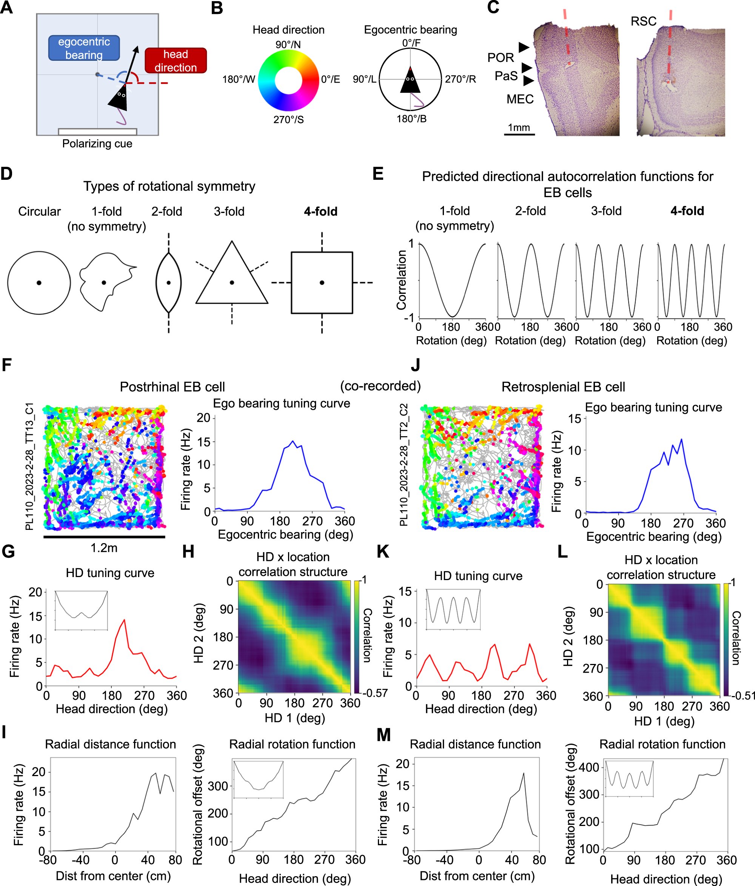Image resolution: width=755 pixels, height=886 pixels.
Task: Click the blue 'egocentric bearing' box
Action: (84, 48)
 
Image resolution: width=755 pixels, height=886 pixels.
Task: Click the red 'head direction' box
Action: (176, 61)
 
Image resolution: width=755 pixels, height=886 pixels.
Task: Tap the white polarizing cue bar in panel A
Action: (97, 132)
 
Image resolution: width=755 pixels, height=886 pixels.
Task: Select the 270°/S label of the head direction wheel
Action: (288, 120)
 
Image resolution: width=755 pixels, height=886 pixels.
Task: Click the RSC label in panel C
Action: (643, 22)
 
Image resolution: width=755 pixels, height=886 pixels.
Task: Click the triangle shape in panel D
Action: (232, 278)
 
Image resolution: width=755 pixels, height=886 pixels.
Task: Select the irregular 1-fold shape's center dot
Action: (104, 282)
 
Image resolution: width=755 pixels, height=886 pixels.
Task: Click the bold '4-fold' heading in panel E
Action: (687, 211)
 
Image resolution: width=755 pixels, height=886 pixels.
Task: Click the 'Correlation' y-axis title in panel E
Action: (401, 280)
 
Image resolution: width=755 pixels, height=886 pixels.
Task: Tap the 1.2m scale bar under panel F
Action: (104, 536)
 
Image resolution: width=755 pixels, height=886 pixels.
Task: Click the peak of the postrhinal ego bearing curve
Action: (293, 441)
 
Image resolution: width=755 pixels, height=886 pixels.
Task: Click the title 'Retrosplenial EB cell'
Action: (563, 387)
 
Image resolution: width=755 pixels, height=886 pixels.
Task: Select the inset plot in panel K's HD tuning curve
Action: (453, 609)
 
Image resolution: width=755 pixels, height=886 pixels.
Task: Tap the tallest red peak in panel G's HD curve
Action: (124, 620)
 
